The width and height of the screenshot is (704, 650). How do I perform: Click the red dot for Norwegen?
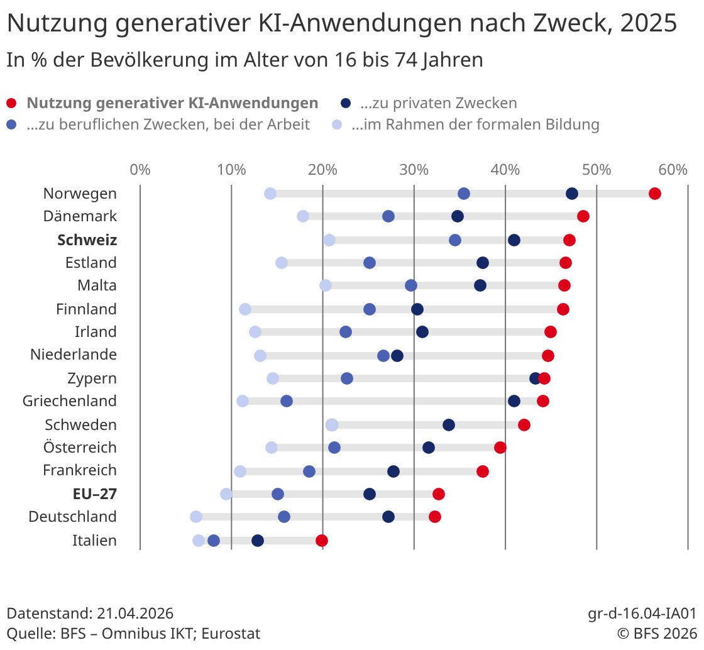pyautogui.click(x=655, y=194)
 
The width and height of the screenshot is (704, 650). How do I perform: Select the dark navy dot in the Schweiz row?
pyautogui.click(x=514, y=240)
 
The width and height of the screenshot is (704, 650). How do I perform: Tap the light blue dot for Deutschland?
pyautogui.click(x=196, y=517)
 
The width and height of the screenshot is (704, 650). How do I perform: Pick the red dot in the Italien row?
pyautogui.click(x=322, y=541)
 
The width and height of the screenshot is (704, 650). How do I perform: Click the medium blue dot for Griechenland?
pyautogui.click(x=287, y=401)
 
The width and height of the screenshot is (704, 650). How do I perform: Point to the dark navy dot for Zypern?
pyautogui.click(x=536, y=378)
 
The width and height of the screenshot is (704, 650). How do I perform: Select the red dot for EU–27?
pyautogui.click(x=439, y=494)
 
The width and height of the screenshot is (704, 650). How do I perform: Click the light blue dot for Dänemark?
pyautogui.click(x=303, y=216)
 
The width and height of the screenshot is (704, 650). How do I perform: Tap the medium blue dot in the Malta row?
pyautogui.click(x=411, y=286)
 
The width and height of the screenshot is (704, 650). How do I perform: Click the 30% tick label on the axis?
pyautogui.click(x=414, y=170)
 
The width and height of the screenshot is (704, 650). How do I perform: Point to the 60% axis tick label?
pyautogui.click(x=673, y=170)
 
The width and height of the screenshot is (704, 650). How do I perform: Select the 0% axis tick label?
pyautogui.click(x=140, y=170)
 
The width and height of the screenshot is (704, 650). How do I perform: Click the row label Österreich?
pyautogui.click(x=80, y=448)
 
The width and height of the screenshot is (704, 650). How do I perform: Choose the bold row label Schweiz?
pyautogui.click(x=87, y=240)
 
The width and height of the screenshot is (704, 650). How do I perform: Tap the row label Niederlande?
pyautogui.click(x=74, y=355)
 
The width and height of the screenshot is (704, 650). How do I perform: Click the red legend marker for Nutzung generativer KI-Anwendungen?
pyautogui.click(x=11, y=104)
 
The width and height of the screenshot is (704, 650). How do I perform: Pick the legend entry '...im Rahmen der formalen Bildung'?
pyautogui.click(x=475, y=124)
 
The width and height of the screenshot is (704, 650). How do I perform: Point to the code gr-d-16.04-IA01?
pyautogui.click(x=642, y=614)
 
